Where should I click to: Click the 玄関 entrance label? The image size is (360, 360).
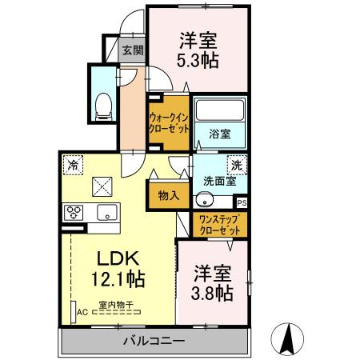(132, 50)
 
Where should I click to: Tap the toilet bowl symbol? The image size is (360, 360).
(102, 105)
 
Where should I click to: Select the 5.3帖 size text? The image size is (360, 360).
(198, 61)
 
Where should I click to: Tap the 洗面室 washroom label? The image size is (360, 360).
(218, 181)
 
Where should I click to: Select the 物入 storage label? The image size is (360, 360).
(167, 194)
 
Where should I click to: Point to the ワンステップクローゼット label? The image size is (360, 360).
(218, 223)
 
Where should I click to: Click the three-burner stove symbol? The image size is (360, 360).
(74, 213)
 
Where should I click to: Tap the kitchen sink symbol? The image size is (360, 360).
(106, 213)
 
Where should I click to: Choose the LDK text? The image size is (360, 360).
(118, 259)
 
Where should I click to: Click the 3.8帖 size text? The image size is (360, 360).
(214, 293)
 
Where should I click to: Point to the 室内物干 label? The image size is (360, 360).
(117, 305)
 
